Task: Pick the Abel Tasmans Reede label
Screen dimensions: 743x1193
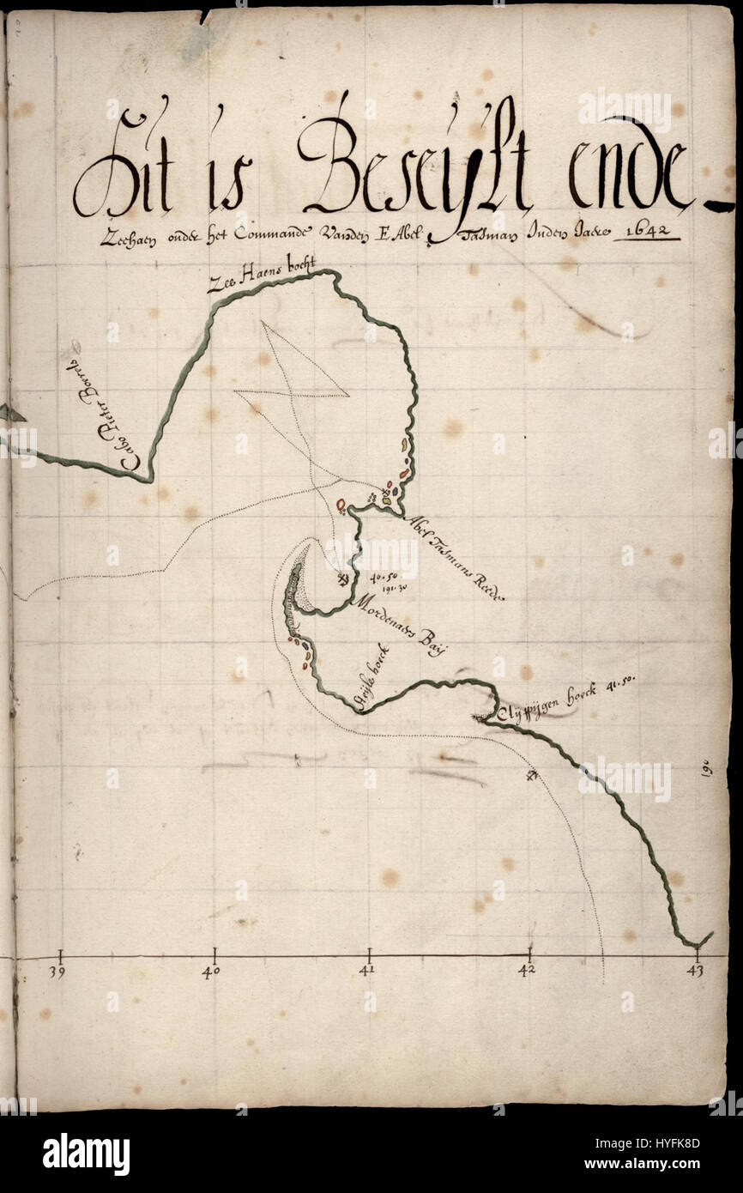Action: pos(454,558)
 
